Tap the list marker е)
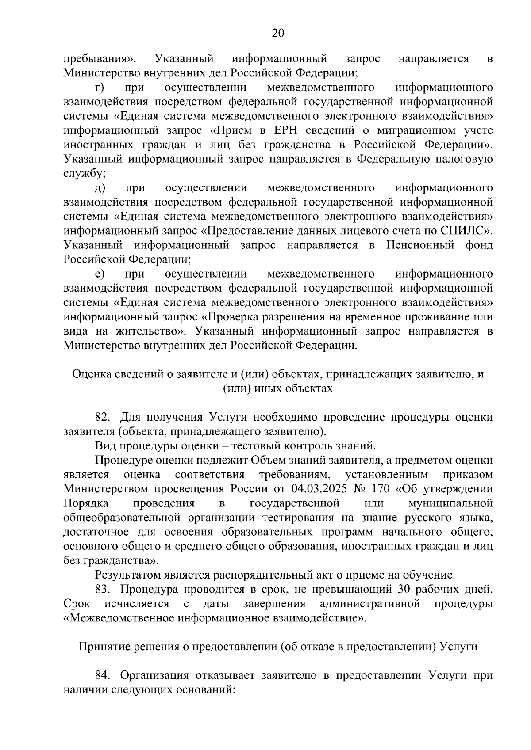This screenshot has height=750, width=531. point(100,274)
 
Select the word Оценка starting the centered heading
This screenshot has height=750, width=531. point(90,374)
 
